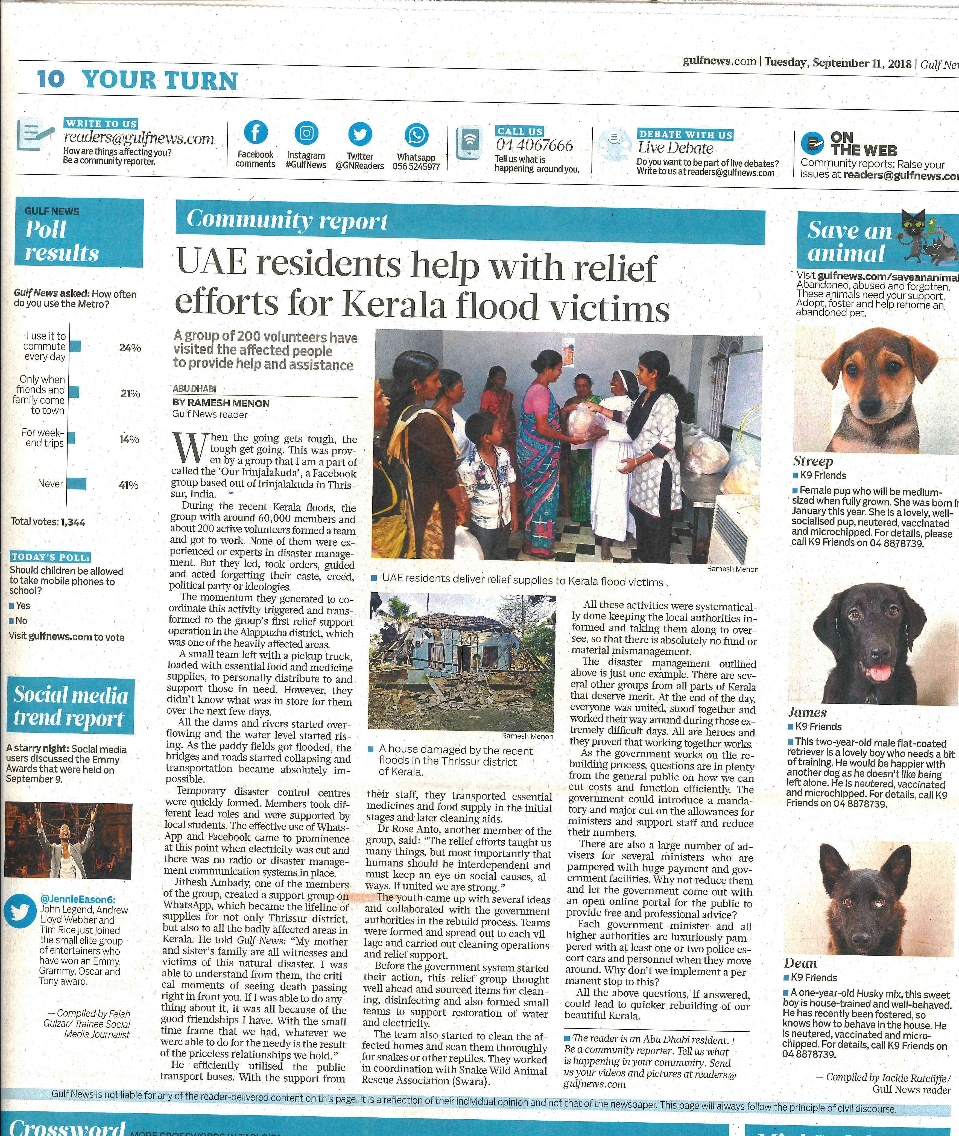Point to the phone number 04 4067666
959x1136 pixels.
(x=534, y=146)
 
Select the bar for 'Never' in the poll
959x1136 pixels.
(x=77, y=483)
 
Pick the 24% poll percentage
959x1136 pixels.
(x=130, y=348)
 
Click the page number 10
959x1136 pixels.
(x=51, y=79)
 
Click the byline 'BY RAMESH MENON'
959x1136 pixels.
(x=221, y=403)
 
